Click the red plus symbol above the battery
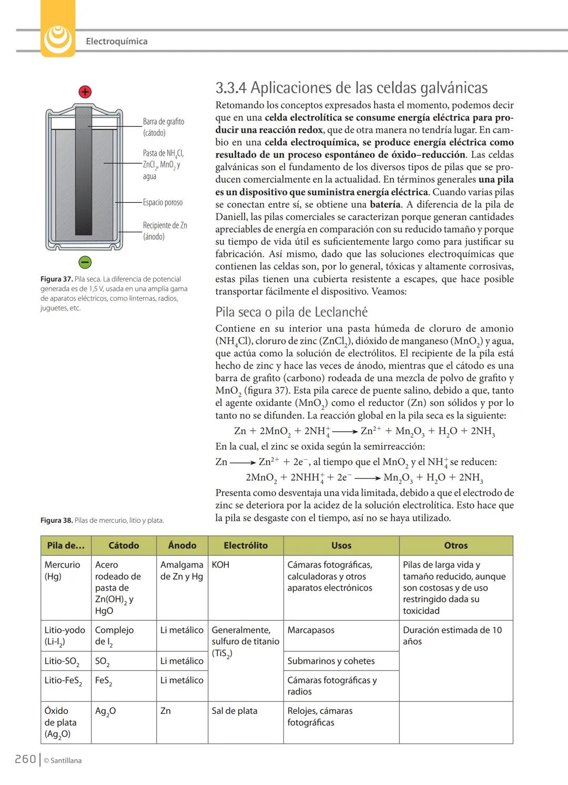(x=85, y=92)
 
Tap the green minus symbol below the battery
(x=85, y=262)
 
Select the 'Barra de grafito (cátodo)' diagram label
(x=164, y=127)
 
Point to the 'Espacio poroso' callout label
(x=163, y=202)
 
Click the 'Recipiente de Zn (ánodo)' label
(x=165, y=231)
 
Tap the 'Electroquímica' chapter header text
(x=116, y=41)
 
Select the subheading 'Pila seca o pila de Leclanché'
(x=291, y=312)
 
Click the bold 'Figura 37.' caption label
(x=56, y=279)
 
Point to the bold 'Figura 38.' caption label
(x=56, y=520)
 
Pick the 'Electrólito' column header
(x=246, y=545)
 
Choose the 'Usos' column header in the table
(x=341, y=545)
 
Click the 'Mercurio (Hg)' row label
(x=62, y=570)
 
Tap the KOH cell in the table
(x=220, y=564)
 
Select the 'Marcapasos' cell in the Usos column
(x=311, y=630)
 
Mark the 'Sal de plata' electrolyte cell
(x=235, y=710)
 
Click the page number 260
(x=25, y=759)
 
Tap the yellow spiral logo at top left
(x=58, y=37)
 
